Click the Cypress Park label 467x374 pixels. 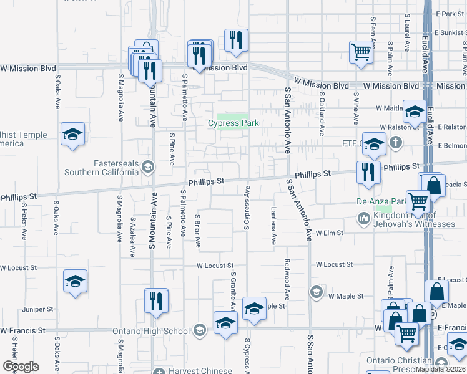point(233,123)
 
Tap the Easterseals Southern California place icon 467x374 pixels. point(148,166)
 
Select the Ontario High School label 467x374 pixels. point(151,331)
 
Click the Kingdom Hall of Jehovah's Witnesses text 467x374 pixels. point(415,219)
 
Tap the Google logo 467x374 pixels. point(21,367)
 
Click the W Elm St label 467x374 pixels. point(330,233)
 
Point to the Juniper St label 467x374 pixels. point(37,309)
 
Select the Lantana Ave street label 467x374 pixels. point(273,226)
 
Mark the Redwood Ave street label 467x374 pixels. point(287,278)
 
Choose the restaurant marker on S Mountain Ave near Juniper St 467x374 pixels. point(156,300)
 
